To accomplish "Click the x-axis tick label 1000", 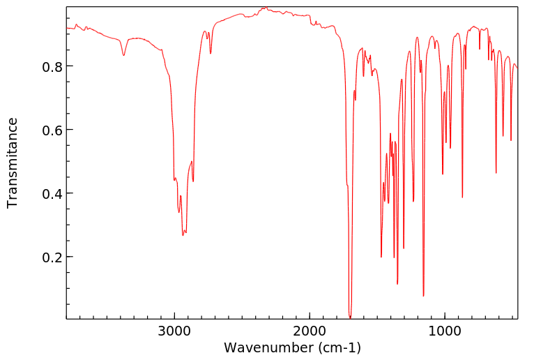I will coord(445,330).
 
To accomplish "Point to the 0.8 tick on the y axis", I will coord(51,66).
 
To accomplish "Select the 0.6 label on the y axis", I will coord(51,130).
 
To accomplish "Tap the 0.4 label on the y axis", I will coord(51,193).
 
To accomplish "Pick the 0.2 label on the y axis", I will coord(51,257).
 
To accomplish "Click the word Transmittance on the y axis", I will coord(13,163).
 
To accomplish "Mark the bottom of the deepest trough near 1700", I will coord(350,317).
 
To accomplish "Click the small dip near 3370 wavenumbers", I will coord(123,55).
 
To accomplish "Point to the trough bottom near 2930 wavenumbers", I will coord(183,235).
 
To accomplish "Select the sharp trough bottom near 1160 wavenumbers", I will coord(423,296).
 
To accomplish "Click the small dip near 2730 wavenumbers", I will coord(211,53).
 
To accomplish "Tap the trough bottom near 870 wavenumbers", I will coord(462,197).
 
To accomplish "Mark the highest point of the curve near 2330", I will coord(265,8).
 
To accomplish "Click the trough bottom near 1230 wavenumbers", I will coord(413,202).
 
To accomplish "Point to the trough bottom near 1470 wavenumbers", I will coord(381,257).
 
